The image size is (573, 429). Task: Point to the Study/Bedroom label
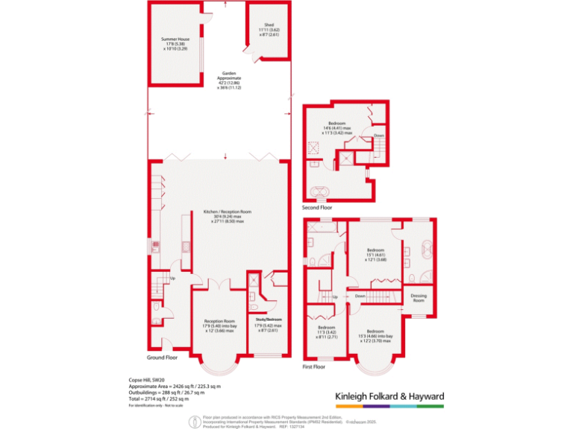269,320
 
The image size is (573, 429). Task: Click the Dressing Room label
419,298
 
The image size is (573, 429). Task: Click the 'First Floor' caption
313,366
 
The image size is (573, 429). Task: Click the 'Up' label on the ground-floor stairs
173,279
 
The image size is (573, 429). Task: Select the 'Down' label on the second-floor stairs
379,136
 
